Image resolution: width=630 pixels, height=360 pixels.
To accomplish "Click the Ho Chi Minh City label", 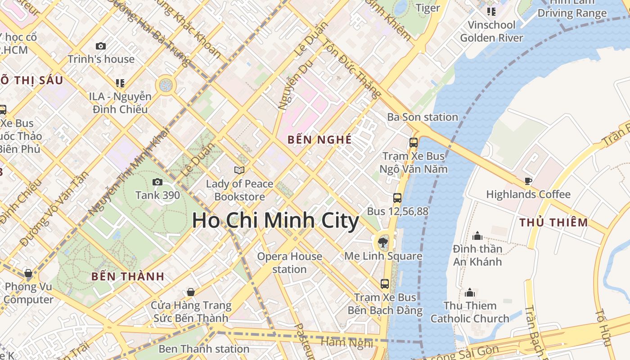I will click(x=275, y=221).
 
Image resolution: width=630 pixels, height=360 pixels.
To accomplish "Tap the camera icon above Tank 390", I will click(x=157, y=182).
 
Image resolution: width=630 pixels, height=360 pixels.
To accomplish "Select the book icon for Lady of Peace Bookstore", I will click(x=239, y=170).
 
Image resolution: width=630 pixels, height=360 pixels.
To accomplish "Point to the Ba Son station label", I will click(x=423, y=117).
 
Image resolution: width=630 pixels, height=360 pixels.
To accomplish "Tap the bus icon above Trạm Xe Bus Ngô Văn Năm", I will click(x=414, y=143).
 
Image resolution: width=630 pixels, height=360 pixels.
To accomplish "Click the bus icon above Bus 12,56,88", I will click(x=397, y=198).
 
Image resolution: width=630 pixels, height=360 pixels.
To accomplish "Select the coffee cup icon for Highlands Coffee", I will click(x=528, y=181).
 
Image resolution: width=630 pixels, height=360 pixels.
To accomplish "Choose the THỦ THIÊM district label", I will click(x=553, y=222).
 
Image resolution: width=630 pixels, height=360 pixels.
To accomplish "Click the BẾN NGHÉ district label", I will click(x=319, y=139).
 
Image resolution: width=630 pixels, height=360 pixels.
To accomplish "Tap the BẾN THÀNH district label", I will click(x=128, y=276).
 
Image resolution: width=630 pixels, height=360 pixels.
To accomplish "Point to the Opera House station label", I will click(x=289, y=263).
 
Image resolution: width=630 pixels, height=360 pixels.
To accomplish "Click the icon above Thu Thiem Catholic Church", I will click(x=470, y=292).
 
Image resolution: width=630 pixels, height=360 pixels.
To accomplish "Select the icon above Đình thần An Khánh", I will click(x=477, y=235).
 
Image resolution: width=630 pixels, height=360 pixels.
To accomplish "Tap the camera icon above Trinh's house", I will click(x=101, y=46).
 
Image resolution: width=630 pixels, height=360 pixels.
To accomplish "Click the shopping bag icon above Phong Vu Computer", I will click(x=28, y=273).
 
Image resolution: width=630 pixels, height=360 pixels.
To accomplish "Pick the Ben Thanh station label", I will click(x=204, y=349).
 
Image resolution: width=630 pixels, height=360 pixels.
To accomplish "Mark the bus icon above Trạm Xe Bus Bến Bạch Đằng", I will click(x=385, y=284).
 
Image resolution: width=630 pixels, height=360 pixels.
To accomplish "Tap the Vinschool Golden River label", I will click(x=491, y=31).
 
